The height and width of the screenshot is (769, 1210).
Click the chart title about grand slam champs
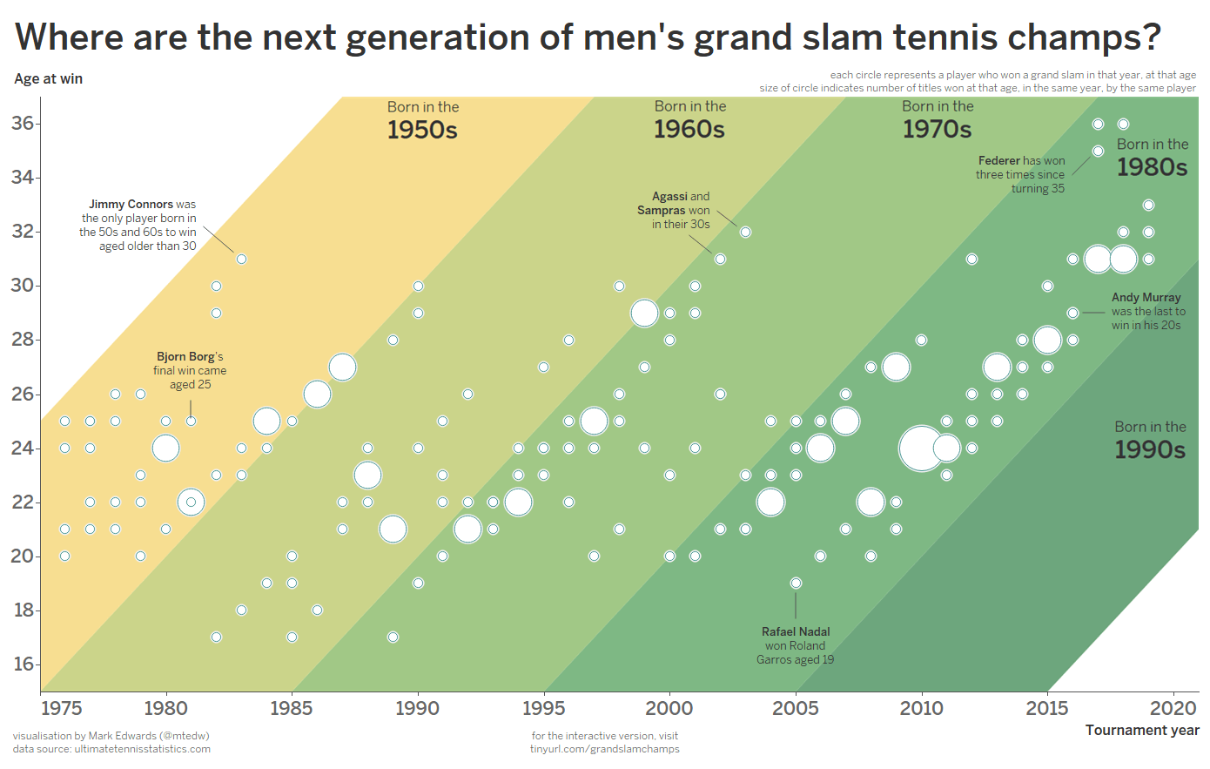[x=588, y=37]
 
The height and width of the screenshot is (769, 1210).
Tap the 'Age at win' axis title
[x=49, y=78]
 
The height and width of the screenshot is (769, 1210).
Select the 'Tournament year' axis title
[x=1141, y=730]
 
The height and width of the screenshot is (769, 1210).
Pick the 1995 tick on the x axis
[x=543, y=708]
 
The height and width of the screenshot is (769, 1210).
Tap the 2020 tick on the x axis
[x=1173, y=708]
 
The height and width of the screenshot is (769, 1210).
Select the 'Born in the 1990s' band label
[x=1150, y=440]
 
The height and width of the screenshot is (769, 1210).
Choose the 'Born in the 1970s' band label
[x=938, y=120]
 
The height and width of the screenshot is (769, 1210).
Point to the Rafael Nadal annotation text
[x=795, y=645]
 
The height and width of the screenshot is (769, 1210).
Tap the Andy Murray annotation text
[x=1147, y=311]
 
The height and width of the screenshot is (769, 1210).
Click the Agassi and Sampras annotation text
[x=675, y=210]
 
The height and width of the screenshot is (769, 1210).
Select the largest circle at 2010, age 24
[x=920, y=449]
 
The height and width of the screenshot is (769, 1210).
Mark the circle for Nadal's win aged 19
[x=796, y=583]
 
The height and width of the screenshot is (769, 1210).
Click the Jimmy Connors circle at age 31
[x=241, y=259]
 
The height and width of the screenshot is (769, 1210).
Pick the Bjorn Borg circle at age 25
[x=191, y=422]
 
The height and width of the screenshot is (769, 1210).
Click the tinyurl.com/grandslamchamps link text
[x=604, y=749]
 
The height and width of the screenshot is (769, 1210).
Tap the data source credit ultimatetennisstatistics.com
[x=111, y=749]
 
